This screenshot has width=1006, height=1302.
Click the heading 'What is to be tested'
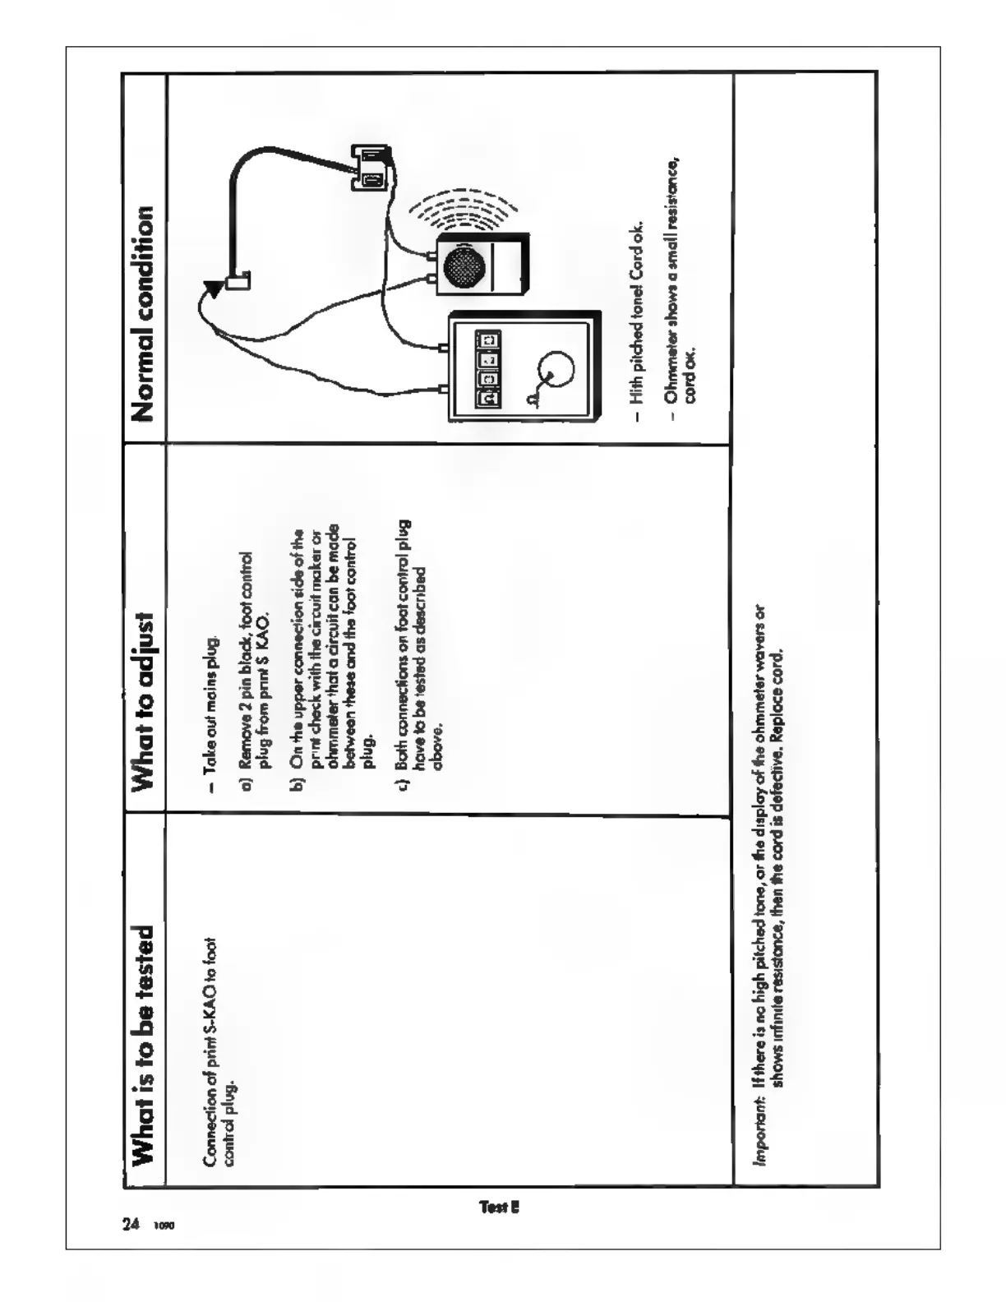coord(144,1044)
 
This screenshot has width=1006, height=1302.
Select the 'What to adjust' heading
coord(144,701)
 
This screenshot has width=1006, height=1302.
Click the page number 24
coord(131,1225)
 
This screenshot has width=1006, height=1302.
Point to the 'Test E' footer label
coord(499,1207)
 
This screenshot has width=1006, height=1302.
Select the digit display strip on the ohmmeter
coord(489,368)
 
